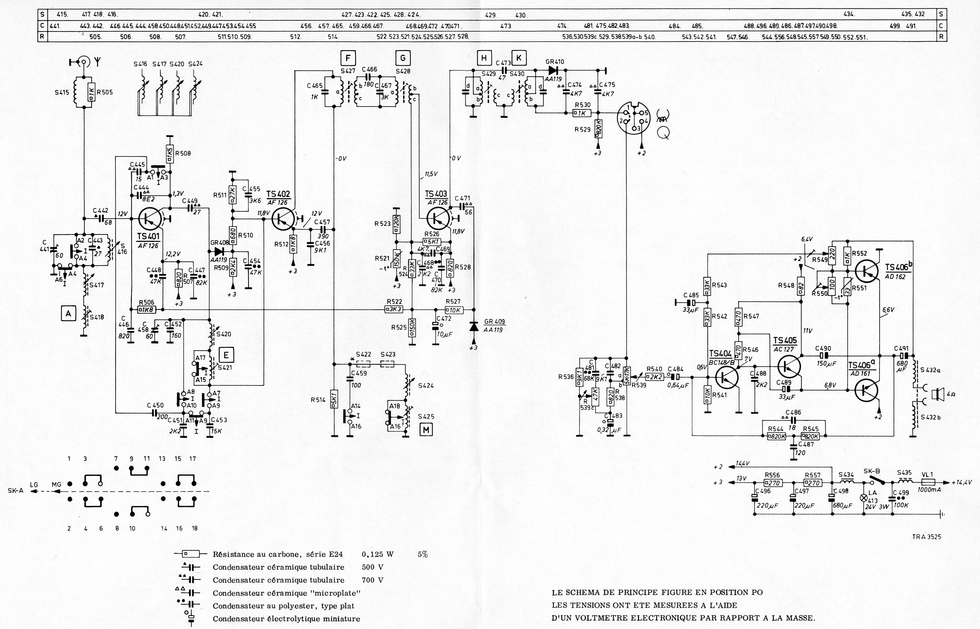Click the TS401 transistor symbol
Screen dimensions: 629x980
coord(149,219)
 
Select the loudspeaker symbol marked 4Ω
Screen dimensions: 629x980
coord(935,395)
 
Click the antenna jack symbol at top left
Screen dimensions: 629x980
coord(84,62)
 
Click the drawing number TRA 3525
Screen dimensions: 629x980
coord(926,537)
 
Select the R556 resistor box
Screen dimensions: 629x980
coord(773,483)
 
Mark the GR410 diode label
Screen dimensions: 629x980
coord(554,62)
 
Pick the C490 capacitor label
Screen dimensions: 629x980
coord(823,348)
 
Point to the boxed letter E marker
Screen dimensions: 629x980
coord(226,355)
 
